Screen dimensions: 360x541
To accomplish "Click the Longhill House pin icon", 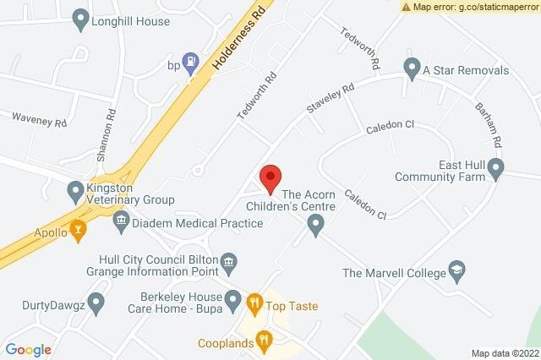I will [x=81, y=17].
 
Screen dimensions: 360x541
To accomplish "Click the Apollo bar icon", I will [x=79, y=228].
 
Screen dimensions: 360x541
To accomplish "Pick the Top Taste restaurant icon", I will [x=253, y=301].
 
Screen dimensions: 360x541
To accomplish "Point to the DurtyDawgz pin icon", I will [x=96, y=302].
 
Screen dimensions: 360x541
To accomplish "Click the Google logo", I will [x=29, y=349].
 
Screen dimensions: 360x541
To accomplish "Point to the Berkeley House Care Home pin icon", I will [x=234, y=297].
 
